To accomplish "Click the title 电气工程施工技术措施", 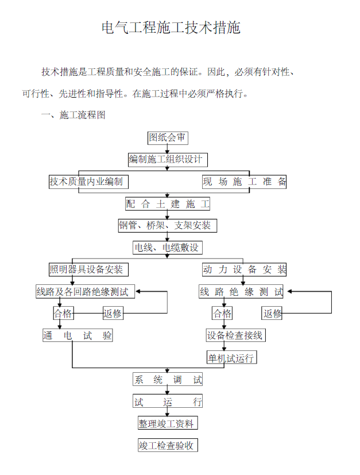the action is [x=171, y=28].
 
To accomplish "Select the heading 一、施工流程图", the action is [x=73, y=115].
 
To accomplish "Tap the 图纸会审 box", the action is [x=168, y=138].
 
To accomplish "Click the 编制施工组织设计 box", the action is [x=168, y=160].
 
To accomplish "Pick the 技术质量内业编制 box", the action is [x=88, y=181].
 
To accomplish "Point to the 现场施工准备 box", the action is [x=244, y=181].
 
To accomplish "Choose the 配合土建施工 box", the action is [x=168, y=204].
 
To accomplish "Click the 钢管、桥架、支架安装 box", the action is [x=168, y=226].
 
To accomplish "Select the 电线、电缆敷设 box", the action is [x=168, y=248].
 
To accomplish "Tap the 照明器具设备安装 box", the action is [x=88, y=269].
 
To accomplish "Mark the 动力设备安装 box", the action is [x=244, y=269].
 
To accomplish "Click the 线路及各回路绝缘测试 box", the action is [x=85, y=292].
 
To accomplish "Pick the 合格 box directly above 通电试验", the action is [x=63, y=313].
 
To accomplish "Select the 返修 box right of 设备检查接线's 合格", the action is [x=272, y=313].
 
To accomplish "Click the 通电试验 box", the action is [x=78, y=335].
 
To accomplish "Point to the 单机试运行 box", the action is [x=231, y=357].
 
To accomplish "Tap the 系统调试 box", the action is [x=168, y=379].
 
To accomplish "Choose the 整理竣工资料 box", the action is [x=168, y=423].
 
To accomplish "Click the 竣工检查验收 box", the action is [x=168, y=445].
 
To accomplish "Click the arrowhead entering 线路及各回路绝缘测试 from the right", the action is [x=138, y=292].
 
